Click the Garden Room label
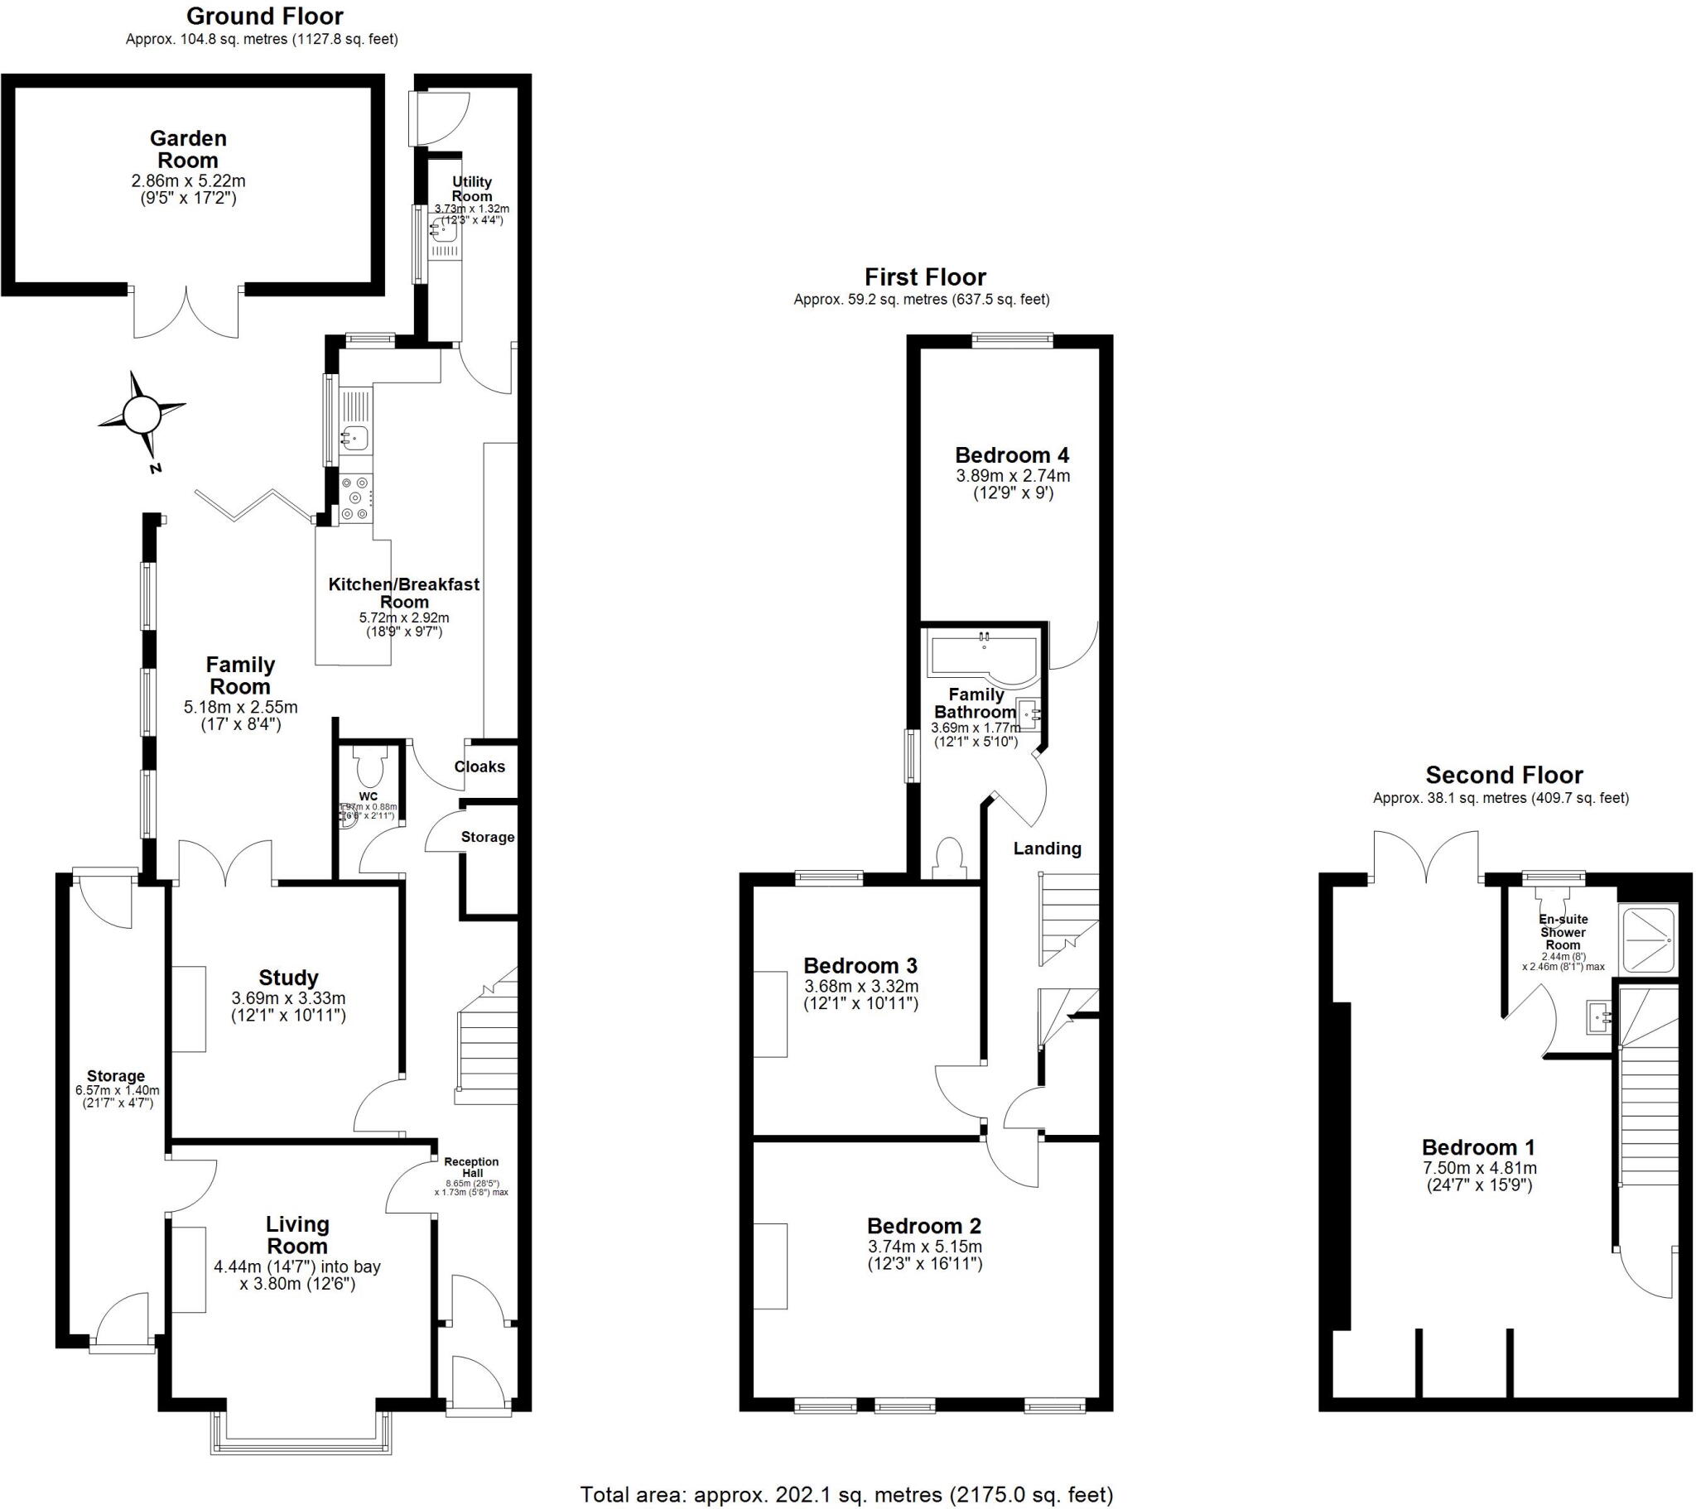(x=188, y=149)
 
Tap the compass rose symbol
(x=141, y=413)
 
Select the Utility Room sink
(x=443, y=230)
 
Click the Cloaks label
(x=479, y=767)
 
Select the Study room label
(x=288, y=978)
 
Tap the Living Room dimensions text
(x=297, y=1275)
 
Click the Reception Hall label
(x=471, y=1167)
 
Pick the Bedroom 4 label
(x=1011, y=454)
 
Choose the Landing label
(x=1046, y=848)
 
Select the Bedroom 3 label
(x=860, y=966)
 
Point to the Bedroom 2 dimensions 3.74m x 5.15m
(x=924, y=1247)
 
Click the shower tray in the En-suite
(x=1648, y=940)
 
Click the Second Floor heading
(x=1504, y=775)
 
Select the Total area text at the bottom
(x=846, y=1495)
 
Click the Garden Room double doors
(x=186, y=312)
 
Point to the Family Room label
(x=240, y=675)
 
